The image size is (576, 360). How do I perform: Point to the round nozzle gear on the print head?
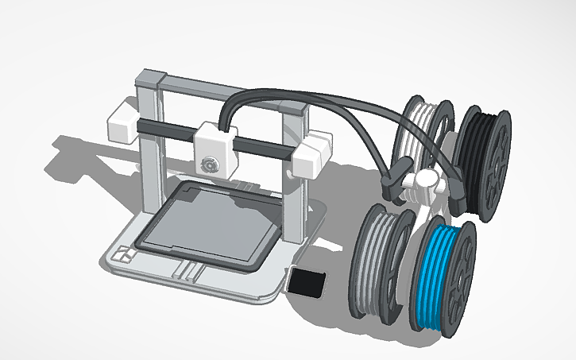(x=210, y=164)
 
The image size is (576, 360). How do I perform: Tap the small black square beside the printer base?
(x=307, y=282)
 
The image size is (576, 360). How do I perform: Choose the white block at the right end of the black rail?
(x=310, y=156)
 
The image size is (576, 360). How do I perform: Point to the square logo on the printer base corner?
(x=124, y=255)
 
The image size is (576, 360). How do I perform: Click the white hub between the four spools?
(x=423, y=186)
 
